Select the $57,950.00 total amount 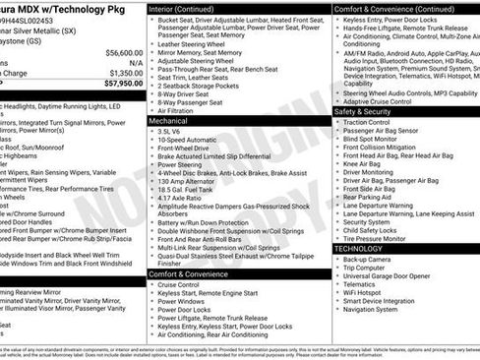pyautogui.click(x=123, y=84)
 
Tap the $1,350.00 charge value pyautogui.click(x=125, y=73)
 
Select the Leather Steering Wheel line pyautogui.click(x=197, y=44)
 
